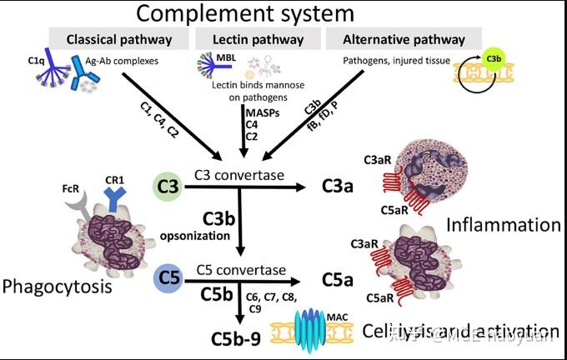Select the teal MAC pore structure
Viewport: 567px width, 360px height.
pos(320,327)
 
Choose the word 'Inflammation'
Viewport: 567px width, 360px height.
pos(503,224)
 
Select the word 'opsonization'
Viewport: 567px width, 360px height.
pos(199,237)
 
